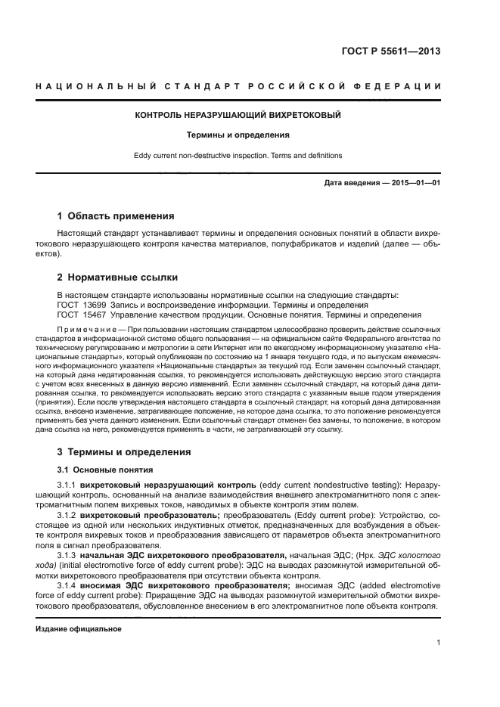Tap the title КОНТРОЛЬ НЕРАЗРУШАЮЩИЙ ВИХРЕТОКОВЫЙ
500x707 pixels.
pyautogui.click(x=238, y=115)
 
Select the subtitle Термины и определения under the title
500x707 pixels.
pyautogui.click(x=238, y=135)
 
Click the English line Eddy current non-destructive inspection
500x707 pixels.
pyautogui.click(x=238, y=156)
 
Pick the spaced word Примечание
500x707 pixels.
pyautogui.click(x=90, y=330)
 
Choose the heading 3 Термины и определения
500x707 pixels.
pyautogui.click(x=125, y=452)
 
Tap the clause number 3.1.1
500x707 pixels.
pyautogui.click(x=70, y=485)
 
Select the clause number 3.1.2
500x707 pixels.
pyautogui.click(x=70, y=514)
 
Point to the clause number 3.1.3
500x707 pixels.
pyautogui.click(x=70, y=555)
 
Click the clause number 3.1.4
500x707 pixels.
pyautogui.click(x=70, y=585)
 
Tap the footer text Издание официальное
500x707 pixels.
pyautogui.click(x=79, y=629)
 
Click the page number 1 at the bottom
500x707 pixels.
pyautogui.click(x=439, y=643)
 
